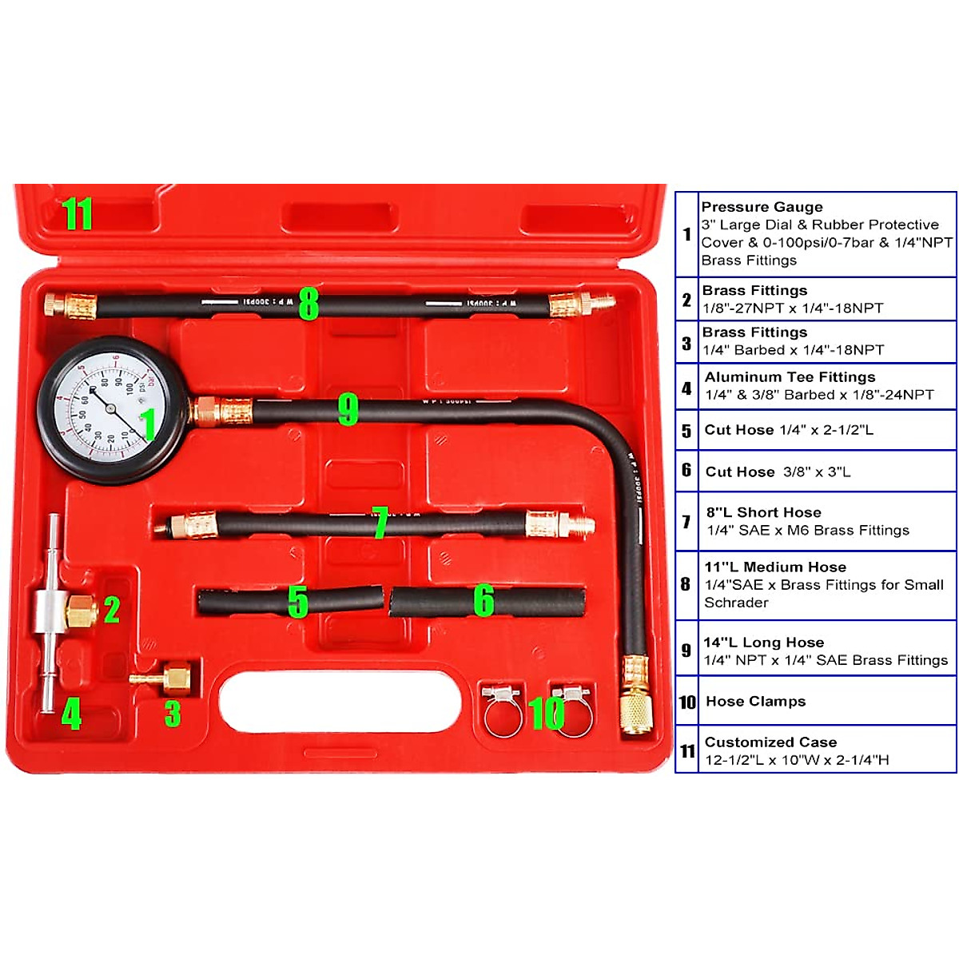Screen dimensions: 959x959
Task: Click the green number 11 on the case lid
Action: (78, 214)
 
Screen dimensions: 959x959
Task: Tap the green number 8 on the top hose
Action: (308, 304)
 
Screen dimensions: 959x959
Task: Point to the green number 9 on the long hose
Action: (348, 409)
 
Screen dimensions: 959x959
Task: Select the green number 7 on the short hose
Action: (380, 523)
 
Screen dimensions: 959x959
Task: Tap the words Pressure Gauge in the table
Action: (762, 207)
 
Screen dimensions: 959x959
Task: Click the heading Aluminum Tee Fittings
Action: (790, 377)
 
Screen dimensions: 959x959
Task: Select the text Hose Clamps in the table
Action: (755, 702)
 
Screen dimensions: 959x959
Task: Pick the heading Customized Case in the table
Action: (770, 742)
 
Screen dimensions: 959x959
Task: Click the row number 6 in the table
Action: (686, 470)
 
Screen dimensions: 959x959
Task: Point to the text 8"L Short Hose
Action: (763, 512)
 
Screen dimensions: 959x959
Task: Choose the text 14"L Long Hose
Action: (763, 643)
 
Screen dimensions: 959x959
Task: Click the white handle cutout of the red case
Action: (340, 702)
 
